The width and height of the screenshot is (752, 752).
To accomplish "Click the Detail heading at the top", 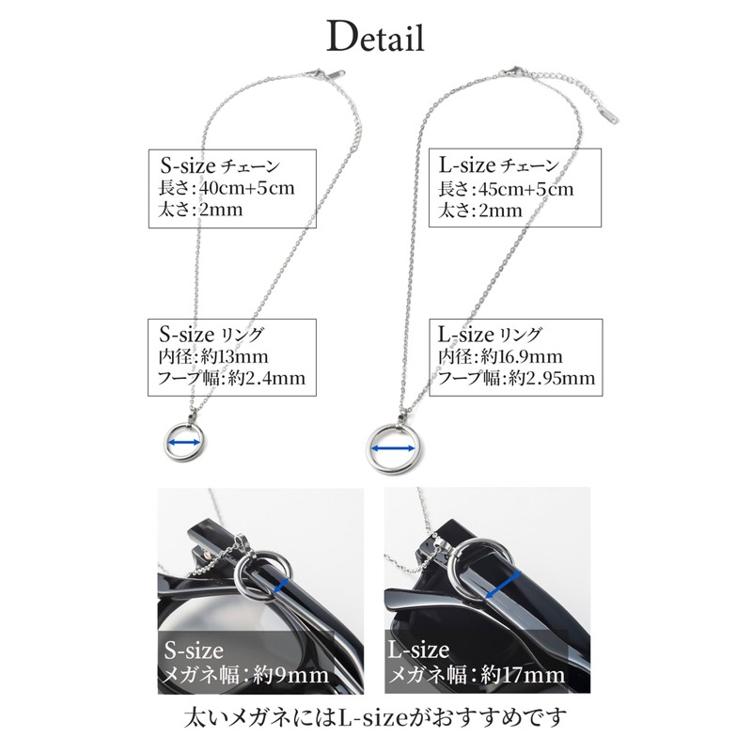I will pos(376,38).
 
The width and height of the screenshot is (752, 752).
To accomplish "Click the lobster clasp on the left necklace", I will pos(333,72).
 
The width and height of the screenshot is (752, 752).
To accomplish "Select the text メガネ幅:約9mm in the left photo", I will pos(246,675).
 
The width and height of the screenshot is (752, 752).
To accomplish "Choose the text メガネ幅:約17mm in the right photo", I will pos(478,675).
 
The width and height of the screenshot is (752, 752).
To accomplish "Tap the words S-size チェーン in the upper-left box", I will pos(217,165).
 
